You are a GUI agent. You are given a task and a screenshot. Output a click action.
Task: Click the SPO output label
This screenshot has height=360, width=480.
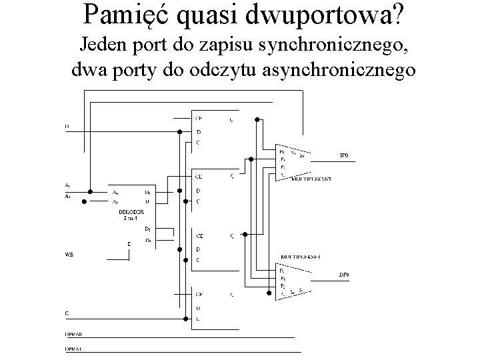pyautogui.click(x=344, y=155)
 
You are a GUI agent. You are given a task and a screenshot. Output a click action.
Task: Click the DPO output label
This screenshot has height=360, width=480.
pyautogui.click(x=344, y=275)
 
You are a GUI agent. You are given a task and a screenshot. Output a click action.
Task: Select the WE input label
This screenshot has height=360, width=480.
pyautogui.click(x=68, y=254)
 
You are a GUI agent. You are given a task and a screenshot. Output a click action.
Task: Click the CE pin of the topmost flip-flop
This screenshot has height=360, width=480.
pyautogui.click(x=199, y=119)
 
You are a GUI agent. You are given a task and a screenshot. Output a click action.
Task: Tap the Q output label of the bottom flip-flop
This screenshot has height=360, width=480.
pyautogui.click(x=231, y=294)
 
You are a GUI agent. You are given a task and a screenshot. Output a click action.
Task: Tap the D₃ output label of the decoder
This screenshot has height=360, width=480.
pyautogui.click(x=148, y=239)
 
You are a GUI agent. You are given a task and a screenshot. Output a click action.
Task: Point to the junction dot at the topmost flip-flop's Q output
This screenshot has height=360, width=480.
pyautogui.click(x=257, y=119)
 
